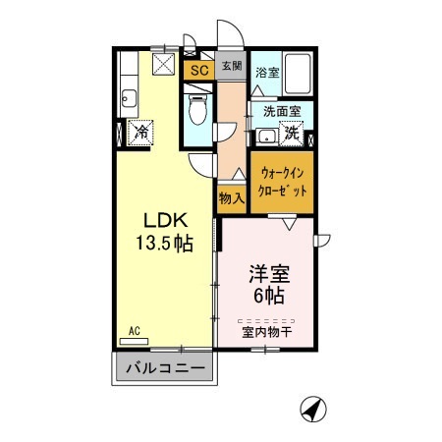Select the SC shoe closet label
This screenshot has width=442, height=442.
tap(198, 70)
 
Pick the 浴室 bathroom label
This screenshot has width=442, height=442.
tap(266, 72)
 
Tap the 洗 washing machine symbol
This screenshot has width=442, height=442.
tap(291, 132)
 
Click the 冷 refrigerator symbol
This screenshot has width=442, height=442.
tap(141, 130)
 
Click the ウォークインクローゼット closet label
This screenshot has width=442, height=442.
tap(283, 181)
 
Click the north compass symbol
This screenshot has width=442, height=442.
tap(312, 407)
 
